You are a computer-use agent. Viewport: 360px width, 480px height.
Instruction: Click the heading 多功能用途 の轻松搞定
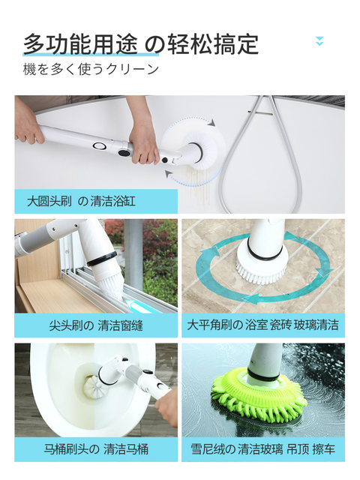140,43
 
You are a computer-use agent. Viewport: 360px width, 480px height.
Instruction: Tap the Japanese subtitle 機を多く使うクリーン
91,69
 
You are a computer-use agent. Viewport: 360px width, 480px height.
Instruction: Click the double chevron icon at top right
319,40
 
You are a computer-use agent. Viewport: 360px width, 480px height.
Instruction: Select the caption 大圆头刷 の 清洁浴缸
81,201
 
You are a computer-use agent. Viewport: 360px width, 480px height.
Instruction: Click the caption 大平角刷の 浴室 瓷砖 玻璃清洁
262,325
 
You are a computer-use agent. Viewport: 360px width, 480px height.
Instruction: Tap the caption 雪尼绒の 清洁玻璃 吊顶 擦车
262,449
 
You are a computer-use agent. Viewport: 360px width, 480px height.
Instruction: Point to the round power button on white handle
98,146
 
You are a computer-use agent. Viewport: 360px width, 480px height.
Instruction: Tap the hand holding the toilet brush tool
168,406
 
